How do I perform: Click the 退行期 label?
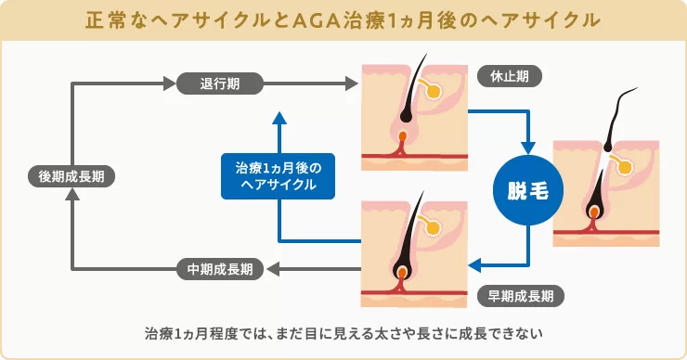(220, 84)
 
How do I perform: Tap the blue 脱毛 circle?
(527, 192)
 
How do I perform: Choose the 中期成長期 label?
(220, 269)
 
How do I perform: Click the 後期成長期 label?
(71, 176)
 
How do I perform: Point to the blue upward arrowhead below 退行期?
(279, 118)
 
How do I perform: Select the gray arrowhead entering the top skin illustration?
(353, 84)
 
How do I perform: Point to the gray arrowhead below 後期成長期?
(71, 197)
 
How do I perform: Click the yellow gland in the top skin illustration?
(432, 91)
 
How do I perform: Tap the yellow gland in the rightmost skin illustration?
(626, 168)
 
